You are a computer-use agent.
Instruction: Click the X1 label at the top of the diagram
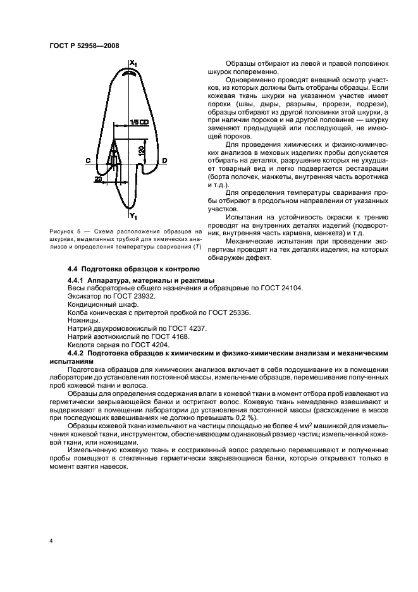point(133,62)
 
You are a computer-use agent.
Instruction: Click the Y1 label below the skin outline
point(133,216)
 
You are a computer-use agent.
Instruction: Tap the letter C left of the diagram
point(87,161)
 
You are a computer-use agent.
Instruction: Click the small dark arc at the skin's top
point(131,73)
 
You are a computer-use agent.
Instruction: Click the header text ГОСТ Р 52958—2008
point(83,45)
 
